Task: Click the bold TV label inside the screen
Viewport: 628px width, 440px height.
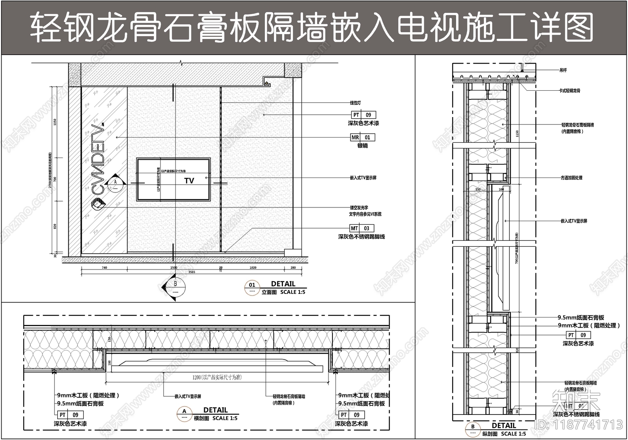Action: click(x=189, y=181)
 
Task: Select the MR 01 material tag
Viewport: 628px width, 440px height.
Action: click(x=363, y=137)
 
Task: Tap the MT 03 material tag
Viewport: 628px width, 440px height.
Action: click(x=362, y=228)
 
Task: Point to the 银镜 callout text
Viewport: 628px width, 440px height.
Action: click(x=362, y=146)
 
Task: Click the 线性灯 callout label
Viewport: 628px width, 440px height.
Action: click(x=356, y=103)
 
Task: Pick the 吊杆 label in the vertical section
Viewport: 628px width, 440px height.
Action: click(x=563, y=70)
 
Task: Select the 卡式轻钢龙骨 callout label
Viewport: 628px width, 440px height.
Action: click(x=570, y=91)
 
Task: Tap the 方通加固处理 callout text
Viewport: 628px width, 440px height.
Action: click(x=571, y=178)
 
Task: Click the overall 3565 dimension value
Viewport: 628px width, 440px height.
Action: click(x=192, y=272)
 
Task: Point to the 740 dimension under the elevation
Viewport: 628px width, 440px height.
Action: click(x=104, y=268)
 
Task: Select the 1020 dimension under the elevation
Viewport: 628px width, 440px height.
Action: click(x=253, y=268)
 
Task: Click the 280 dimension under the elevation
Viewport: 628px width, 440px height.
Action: click(x=293, y=268)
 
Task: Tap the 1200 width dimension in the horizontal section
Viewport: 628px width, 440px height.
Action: click(x=217, y=378)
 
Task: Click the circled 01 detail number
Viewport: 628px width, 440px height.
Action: click(x=252, y=285)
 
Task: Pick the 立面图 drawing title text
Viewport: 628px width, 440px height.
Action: click(x=269, y=292)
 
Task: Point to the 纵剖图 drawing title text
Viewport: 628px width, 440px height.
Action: click(x=490, y=434)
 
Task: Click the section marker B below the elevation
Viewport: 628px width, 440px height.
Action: click(x=175, y=283)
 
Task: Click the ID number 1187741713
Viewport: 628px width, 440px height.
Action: click(x=579, y=425)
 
